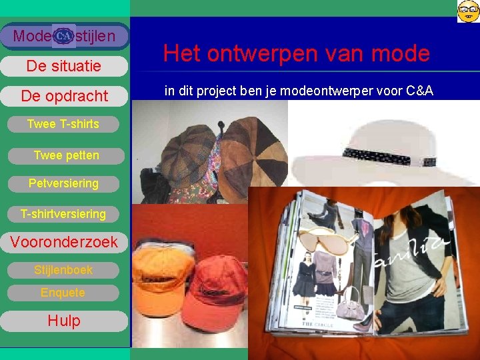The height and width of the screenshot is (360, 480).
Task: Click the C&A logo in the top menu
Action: click(x=64, y=36)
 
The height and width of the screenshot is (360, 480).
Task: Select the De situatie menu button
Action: click(x=63, y=66)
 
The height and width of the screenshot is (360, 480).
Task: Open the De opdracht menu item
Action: click(x=64, y=96)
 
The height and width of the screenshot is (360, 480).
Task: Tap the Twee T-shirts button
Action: click(x=63, y=124)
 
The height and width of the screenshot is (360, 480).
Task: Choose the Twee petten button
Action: click(x=66, y=155)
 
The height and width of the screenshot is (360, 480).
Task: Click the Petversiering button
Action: click(x=63, y=183)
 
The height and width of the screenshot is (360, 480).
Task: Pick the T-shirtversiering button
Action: click(x=63, y=214)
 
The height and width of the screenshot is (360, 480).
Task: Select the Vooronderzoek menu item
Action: click(x=64, y=242)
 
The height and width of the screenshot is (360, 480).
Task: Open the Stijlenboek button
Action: click(x=63, y=270)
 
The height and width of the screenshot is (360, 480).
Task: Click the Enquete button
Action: click(x=63, y=293)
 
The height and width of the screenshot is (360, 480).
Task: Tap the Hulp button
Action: click(x=64, y=321)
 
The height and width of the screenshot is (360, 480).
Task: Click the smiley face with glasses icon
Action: click(x=468, y=11)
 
